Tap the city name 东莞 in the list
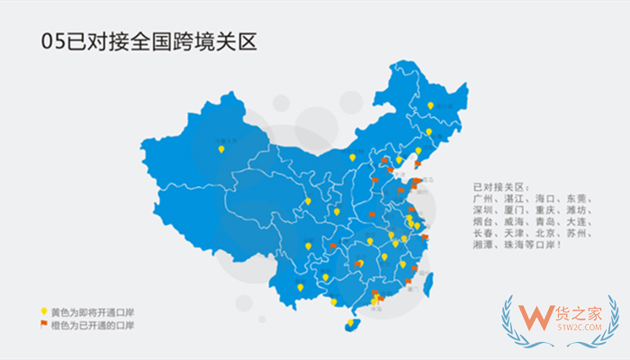coord(577,195)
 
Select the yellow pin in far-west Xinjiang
coord(220,149)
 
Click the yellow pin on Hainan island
coord(350,321)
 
